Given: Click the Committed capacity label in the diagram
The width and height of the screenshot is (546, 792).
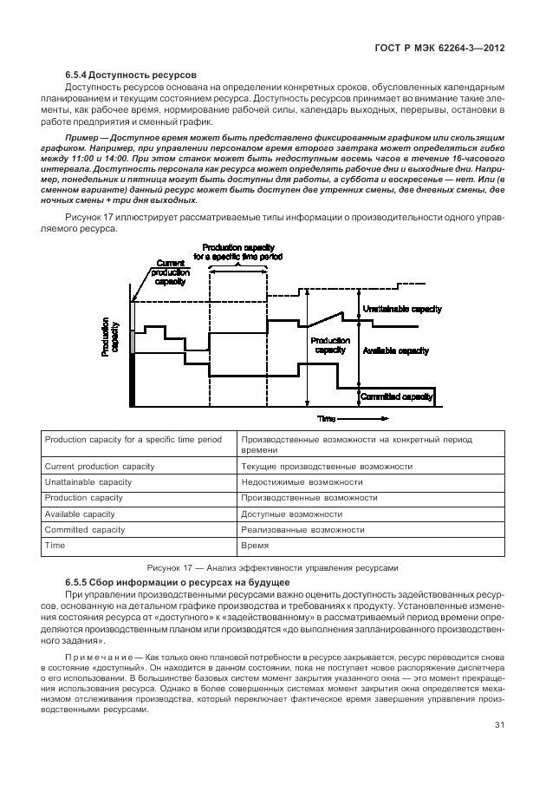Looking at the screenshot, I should pos(397,396).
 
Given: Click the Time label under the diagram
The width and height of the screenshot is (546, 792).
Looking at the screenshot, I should pos(326,418).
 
